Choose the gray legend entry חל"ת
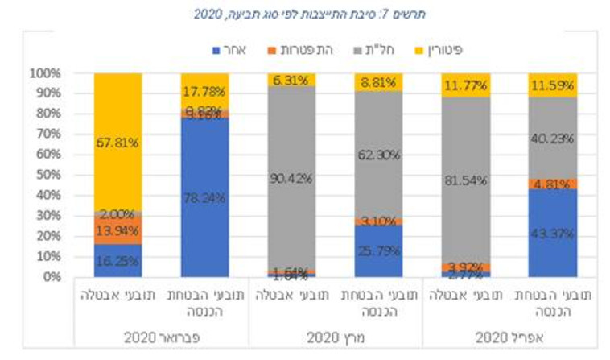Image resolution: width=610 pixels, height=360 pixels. (373, 50)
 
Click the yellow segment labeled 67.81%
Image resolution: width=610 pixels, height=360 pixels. (118, 142)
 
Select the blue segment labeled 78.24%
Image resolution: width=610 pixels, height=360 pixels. (205, 197)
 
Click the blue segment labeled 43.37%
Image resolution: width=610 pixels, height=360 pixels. (552, 233)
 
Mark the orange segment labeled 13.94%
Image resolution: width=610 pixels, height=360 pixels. (118, 230)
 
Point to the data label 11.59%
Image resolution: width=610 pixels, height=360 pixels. (552, 84)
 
